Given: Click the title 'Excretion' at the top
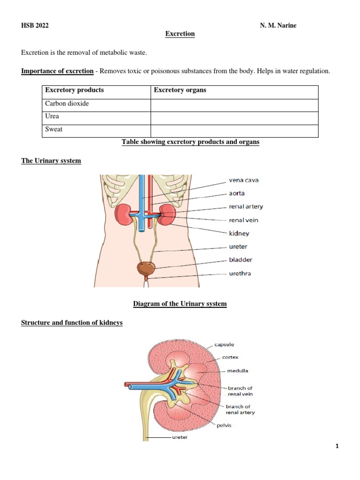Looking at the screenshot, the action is tap(180, 34).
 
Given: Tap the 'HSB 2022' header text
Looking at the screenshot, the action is tap(35, 25).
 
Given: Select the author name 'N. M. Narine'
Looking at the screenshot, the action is tap(278, 25).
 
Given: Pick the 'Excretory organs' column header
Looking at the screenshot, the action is tap(180, 90).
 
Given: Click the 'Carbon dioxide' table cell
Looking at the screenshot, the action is tap(67, 104).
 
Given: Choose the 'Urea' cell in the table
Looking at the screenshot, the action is tap(52, 116).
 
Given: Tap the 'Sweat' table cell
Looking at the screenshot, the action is tap(54, 129).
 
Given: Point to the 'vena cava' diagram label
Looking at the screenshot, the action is tap(244, 180).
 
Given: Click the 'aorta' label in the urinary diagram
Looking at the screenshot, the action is tap(237, 193).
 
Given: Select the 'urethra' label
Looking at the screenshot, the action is tap(240, 273).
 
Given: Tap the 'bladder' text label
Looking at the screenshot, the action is tap(241, 260).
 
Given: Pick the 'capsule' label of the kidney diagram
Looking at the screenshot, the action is tap(225, 345).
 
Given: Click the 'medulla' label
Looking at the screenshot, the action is tap(238, 371).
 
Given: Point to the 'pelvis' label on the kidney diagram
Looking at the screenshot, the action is tap(224, 426).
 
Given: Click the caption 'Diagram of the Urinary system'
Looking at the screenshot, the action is tap(180, 304).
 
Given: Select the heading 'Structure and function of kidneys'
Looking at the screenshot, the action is tap(72, 322).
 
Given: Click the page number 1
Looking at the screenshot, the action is tap(337, 446).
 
